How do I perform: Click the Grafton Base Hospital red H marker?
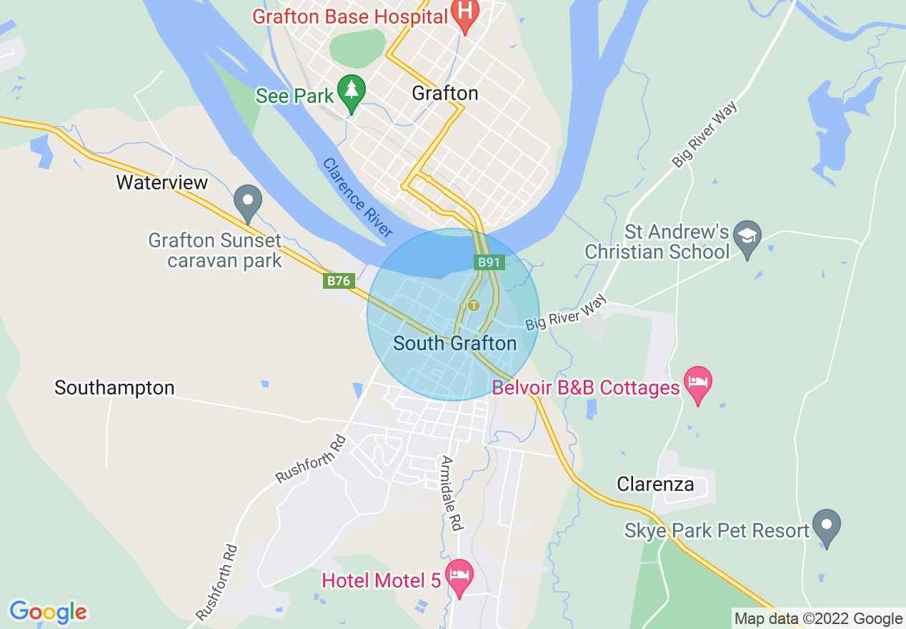[465, 15]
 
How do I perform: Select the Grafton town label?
[444, 94]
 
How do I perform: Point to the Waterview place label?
[161, 182]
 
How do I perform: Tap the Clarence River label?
[357, 197]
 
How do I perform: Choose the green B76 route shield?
[339, 281]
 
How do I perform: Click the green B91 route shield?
[489, 262]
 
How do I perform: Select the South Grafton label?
[454, 344]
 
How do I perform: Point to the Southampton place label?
[114, 388]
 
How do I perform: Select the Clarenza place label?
[655, 484]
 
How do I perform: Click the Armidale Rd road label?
[452, 493]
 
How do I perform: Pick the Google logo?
[48, 612]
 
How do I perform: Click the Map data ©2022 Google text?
[818, 619]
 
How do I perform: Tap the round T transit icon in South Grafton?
[473, 305]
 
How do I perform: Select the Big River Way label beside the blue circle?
[565, 312]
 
